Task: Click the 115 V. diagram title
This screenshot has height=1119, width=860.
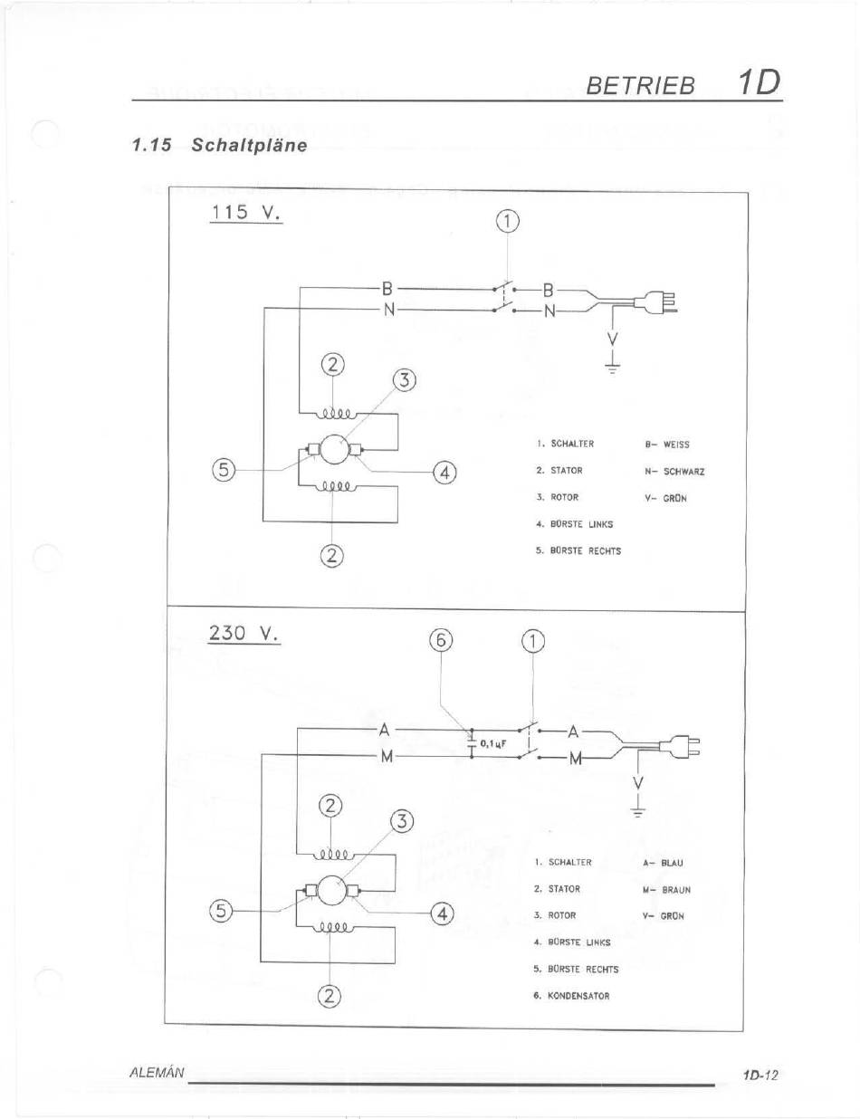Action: coord(246,212)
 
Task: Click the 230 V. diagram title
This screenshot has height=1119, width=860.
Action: coord(244,633)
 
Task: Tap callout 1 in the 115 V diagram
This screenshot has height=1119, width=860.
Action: coord(508,222)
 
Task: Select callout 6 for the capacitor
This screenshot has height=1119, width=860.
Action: coord(441,641)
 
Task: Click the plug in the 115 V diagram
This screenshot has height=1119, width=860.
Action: coord(656,301)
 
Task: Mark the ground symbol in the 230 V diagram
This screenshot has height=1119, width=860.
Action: coord(638,813)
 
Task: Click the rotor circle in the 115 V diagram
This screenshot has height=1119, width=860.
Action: coord(333,450)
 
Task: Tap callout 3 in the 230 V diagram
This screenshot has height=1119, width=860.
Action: coord(403,822)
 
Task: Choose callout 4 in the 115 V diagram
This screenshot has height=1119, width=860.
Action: coord(445,473)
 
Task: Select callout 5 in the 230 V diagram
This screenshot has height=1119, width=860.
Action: coord(221,912)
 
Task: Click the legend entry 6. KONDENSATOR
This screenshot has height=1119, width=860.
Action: coord(571,996)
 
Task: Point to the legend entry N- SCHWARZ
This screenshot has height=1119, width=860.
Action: coord(674,471)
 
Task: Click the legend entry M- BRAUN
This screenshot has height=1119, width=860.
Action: coord(666,890)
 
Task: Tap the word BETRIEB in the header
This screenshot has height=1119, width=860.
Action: coord(640,85)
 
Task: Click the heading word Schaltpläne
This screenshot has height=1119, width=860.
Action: coord(249,145)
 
